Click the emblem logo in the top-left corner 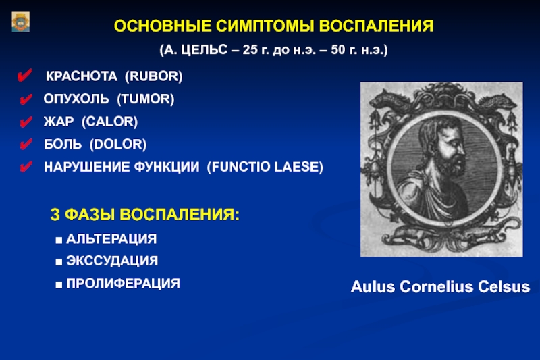(x=21, y=22)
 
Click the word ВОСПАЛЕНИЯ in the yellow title (x=376, y=26)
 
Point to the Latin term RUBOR (x=154, y=76)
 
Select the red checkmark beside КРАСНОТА (x=25, y=75)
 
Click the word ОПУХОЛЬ (x=76, y=99)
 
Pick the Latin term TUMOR (x=146, y=99)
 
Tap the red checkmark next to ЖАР (x=26, y=122)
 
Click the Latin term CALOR (x=109, y=122)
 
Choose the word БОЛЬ (x=63, y=144)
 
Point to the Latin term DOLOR (x=118, y=144)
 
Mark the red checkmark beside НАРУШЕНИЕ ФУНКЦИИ (x=26, y=166)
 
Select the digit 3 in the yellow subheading (x=55, y=214)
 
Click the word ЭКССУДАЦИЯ (x=112, y=261)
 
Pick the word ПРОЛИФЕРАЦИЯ (x=124, y=284)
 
